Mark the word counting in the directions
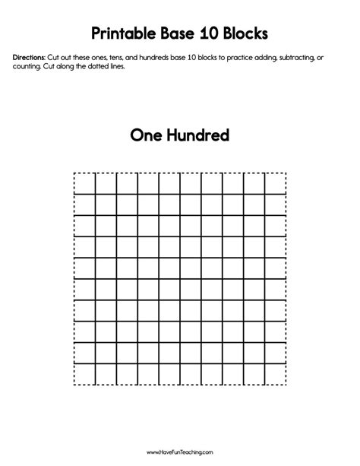click(27, 67)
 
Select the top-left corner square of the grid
click(84, 183)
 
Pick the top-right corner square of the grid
click(276, 183)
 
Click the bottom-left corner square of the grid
click(84, 375)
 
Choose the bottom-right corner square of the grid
click(276, 375)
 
